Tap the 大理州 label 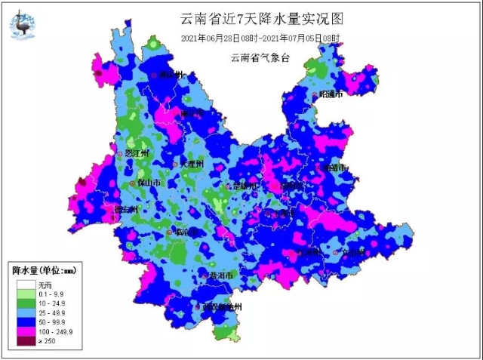coord(192,163)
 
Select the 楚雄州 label coord(245,186)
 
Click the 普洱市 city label coord(223,275)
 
